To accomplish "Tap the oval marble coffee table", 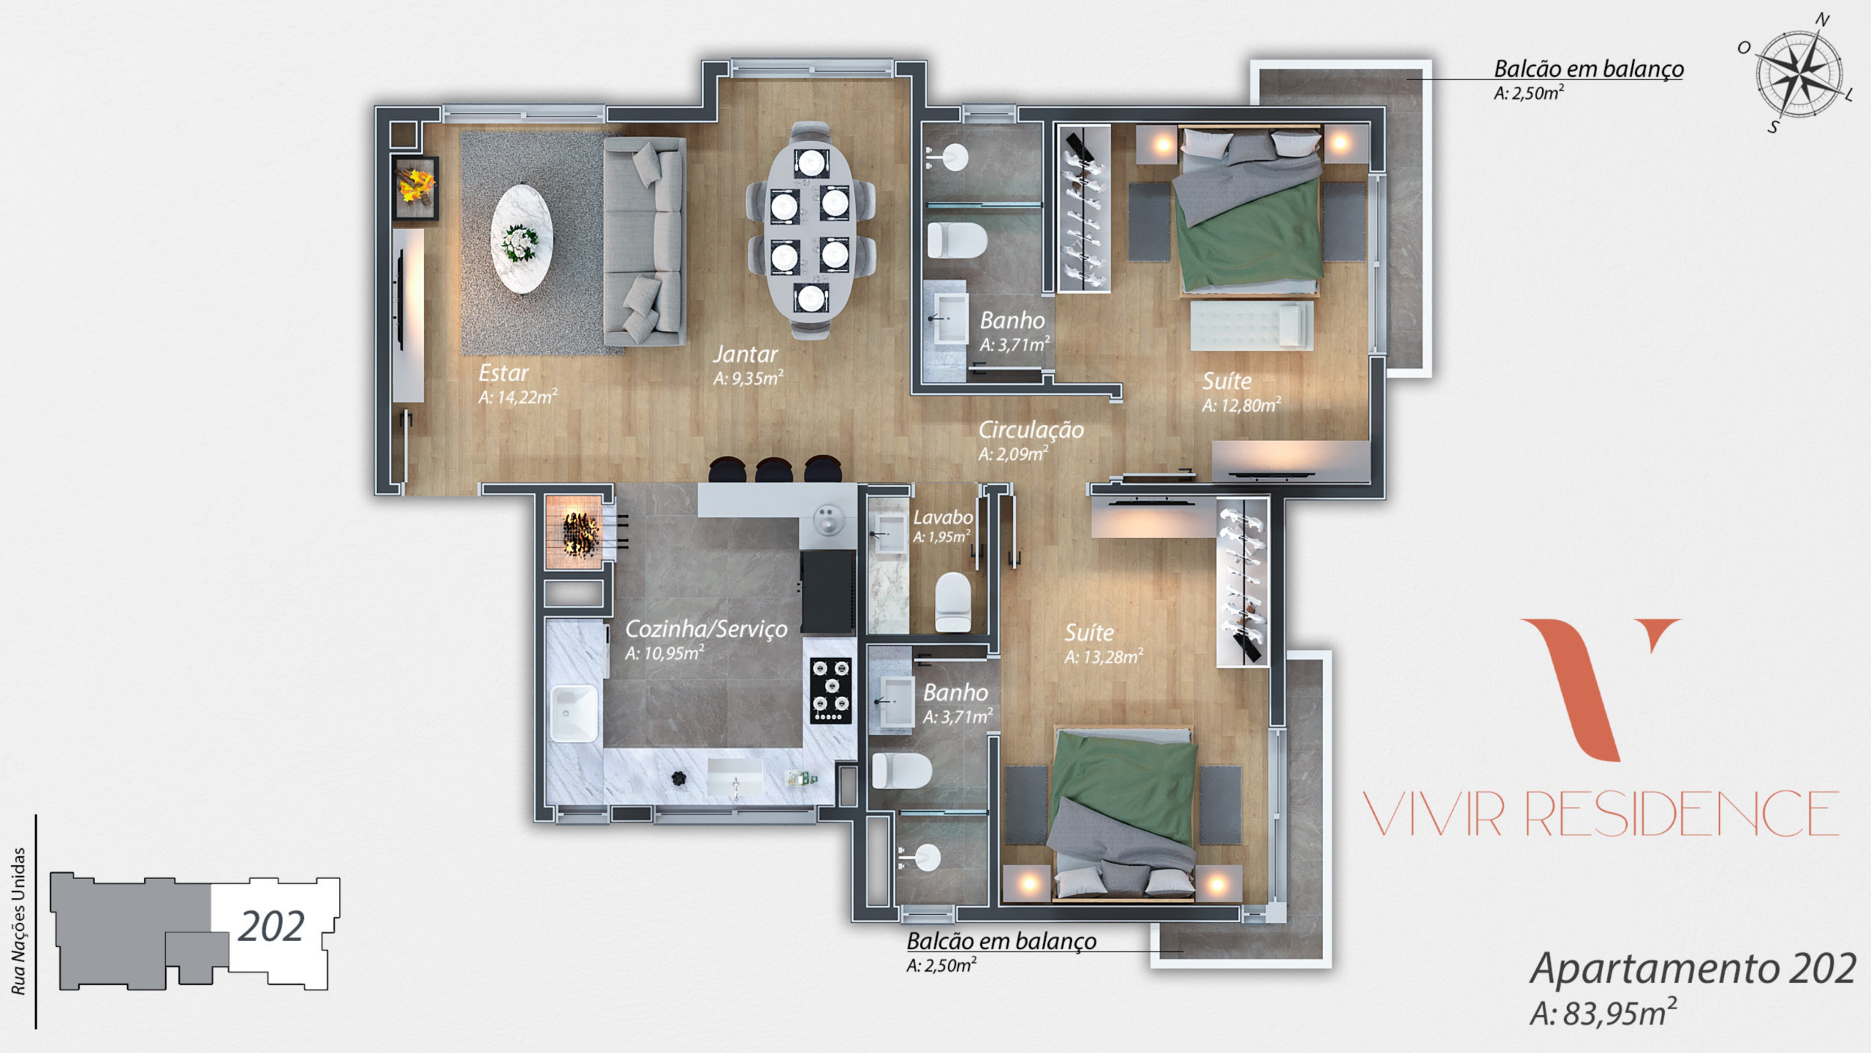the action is [x=522, y=238].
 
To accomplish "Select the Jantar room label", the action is [x=745, y=355].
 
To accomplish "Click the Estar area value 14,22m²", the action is [x=517, y=397].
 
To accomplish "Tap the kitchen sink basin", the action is [x=573, y=714].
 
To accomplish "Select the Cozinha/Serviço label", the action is [x=706, y=629].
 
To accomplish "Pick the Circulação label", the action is [x=1031, y=430].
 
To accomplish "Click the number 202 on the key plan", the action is [x=270, y=927].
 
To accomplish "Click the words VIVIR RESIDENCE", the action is [x=1601, y=814].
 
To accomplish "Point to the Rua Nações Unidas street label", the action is [x=18, y=921].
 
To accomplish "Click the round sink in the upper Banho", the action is [x=953, y=157].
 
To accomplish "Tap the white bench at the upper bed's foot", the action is [x=1251, y=325].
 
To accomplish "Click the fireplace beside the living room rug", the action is [x=415, y=187].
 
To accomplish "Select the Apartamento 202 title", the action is [x=1693, y=968].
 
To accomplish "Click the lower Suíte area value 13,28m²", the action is [x=1104, y=657].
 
